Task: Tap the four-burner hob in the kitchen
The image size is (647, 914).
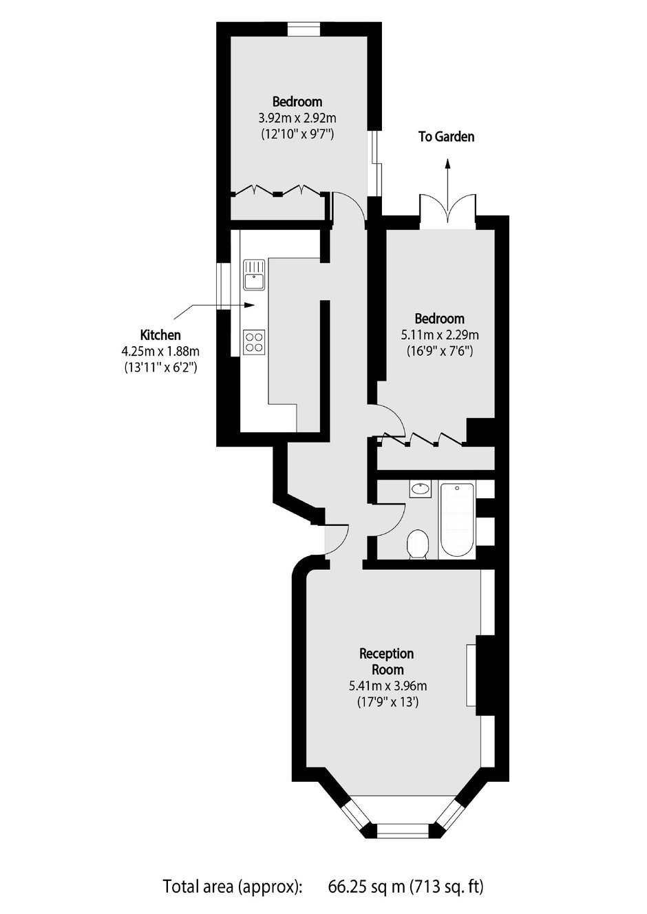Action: coord(254,342)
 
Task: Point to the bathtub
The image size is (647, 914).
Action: coord(456,520)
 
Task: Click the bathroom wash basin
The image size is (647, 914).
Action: coord(420,489)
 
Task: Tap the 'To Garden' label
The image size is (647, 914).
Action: coord(447,136)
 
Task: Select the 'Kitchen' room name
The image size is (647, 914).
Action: coord(160,335)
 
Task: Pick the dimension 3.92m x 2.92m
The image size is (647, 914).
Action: coord(297,118)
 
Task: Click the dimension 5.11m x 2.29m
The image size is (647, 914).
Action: coord(439,335)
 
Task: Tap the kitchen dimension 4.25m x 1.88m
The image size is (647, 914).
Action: coord(160,351)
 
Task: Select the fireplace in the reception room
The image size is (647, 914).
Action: coord(471,675)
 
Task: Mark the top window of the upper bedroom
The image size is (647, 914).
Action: coord(304,29)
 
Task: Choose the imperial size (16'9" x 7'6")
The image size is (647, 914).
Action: coord(439,350)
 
